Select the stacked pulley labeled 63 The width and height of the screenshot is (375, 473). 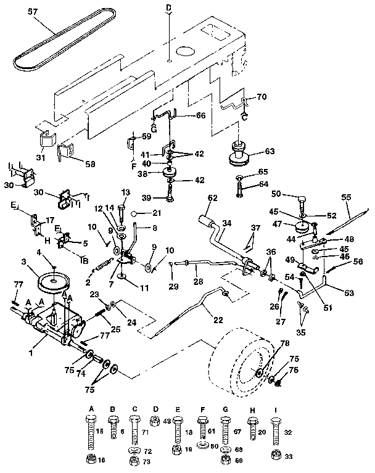(x=239, y=153)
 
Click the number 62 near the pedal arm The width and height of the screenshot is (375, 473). (x=213, y=199)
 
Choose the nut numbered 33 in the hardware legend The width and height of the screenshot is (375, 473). (x=274, y=456)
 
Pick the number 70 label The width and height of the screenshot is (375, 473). (x=262, y=97)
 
